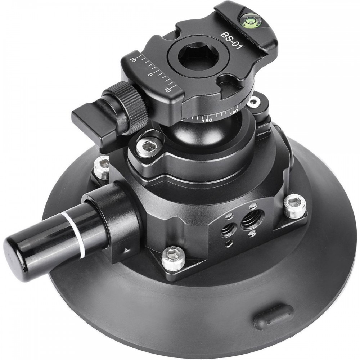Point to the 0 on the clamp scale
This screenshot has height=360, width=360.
(150, 75)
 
